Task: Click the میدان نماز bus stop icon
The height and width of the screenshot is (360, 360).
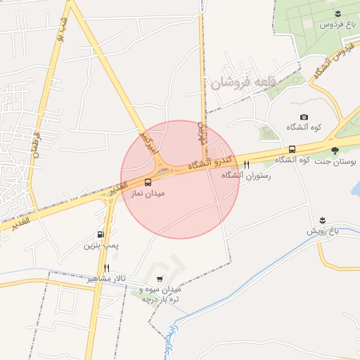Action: click(x=147, y=182)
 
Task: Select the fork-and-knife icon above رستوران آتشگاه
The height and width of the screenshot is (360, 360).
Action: click(x=246, y=165)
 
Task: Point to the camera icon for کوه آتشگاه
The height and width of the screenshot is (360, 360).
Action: click(x=304, y=117)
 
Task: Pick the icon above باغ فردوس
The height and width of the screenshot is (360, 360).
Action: click(x=338, y=13)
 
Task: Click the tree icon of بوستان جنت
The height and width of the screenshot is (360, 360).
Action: click(x=335, y=150)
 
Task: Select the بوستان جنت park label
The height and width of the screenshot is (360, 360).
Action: click(x=334, y=162)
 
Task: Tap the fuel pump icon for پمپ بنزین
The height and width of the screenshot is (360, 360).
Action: click(x=101, y=235)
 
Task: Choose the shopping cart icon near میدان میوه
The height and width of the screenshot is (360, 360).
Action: click(x=162, y=278)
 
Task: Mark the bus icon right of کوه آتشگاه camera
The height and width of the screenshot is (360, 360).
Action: click(x=292, y=149)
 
